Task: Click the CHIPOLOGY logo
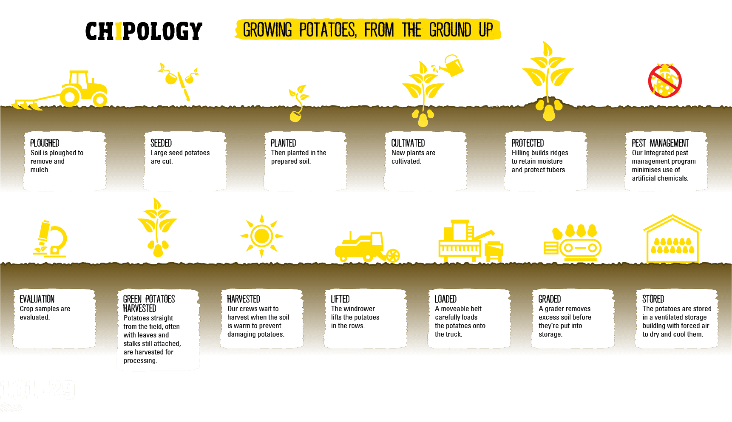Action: click(x=144, y=31)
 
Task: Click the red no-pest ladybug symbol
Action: click(x=665, y=81)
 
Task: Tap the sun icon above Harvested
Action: click(x=261, y=236)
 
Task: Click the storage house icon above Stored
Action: click(x=672, y=239)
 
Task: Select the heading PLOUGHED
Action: click(x=45, y=143)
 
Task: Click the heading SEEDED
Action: click(x=161, y=143)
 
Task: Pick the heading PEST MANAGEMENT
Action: click(x=660, y=143)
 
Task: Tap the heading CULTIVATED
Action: click(x=408, y=143)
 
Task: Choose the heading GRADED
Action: click(x=550, y=299)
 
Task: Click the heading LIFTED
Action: click(x=340, y=299)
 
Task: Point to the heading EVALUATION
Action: click(x=37, y=299)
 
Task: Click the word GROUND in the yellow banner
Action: click(x=450, y=30)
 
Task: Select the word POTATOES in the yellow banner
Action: click(x=328, y=30)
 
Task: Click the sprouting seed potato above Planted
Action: click(x=298, y=103)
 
